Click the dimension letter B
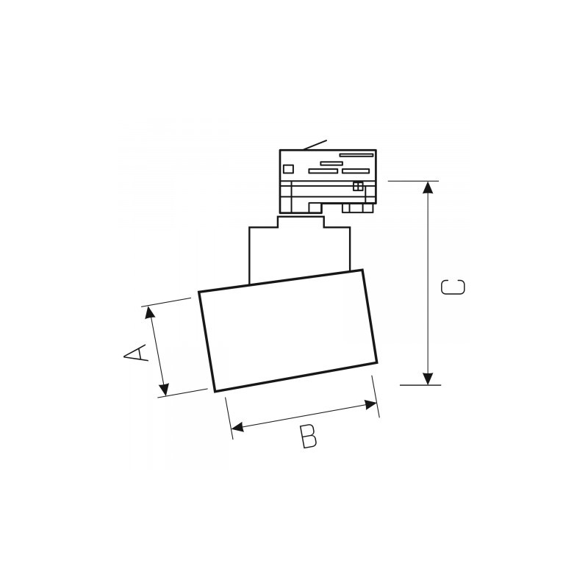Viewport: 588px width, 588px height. [309, 437]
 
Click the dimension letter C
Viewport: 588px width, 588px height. [453, 287]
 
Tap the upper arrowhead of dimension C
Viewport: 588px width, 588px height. [428, 187]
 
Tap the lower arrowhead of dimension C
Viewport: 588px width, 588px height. [428, 379]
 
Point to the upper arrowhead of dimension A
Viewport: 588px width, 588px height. [150, 312]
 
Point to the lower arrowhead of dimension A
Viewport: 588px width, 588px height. [164, 390]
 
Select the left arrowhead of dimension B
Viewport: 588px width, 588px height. [237, 427]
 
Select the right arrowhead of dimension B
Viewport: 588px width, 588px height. [371, 405]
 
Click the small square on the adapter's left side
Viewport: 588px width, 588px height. [288, 169]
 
